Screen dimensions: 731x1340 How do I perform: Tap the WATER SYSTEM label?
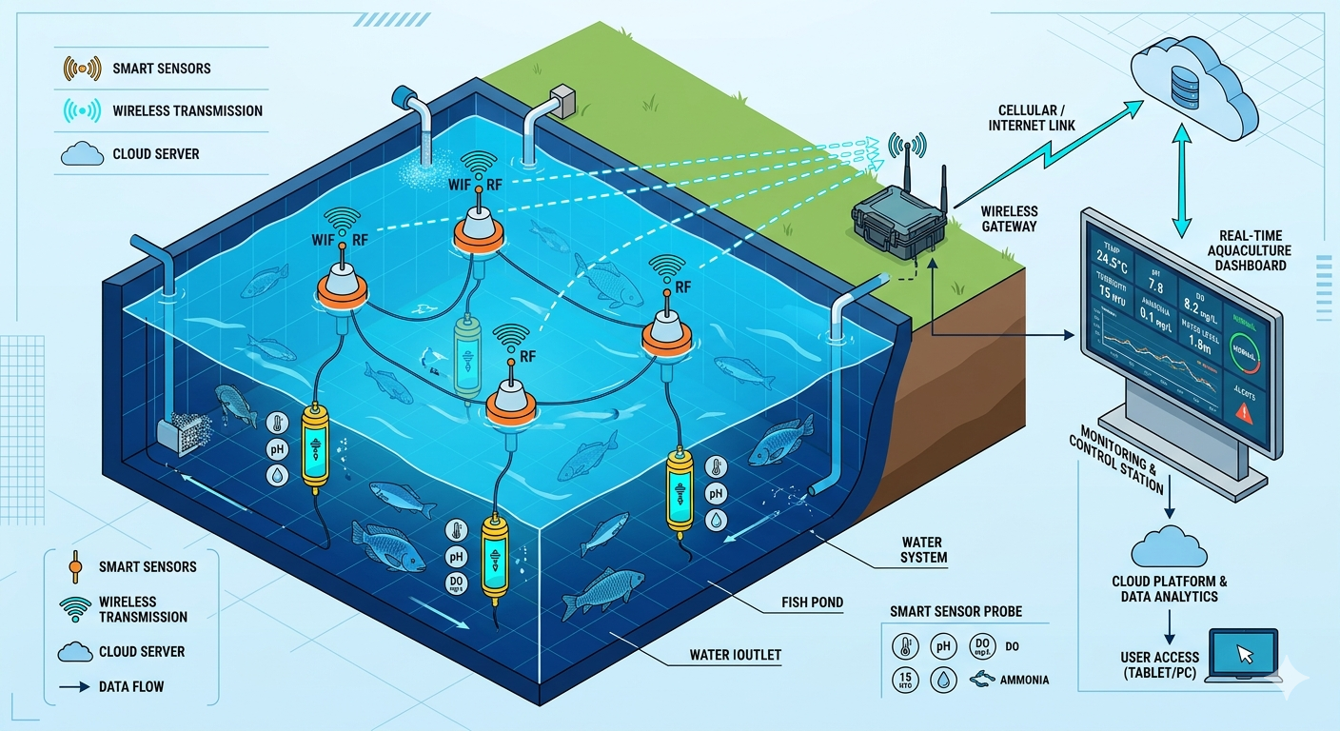923,549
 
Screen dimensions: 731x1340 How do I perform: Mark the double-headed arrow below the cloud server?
1181,187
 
